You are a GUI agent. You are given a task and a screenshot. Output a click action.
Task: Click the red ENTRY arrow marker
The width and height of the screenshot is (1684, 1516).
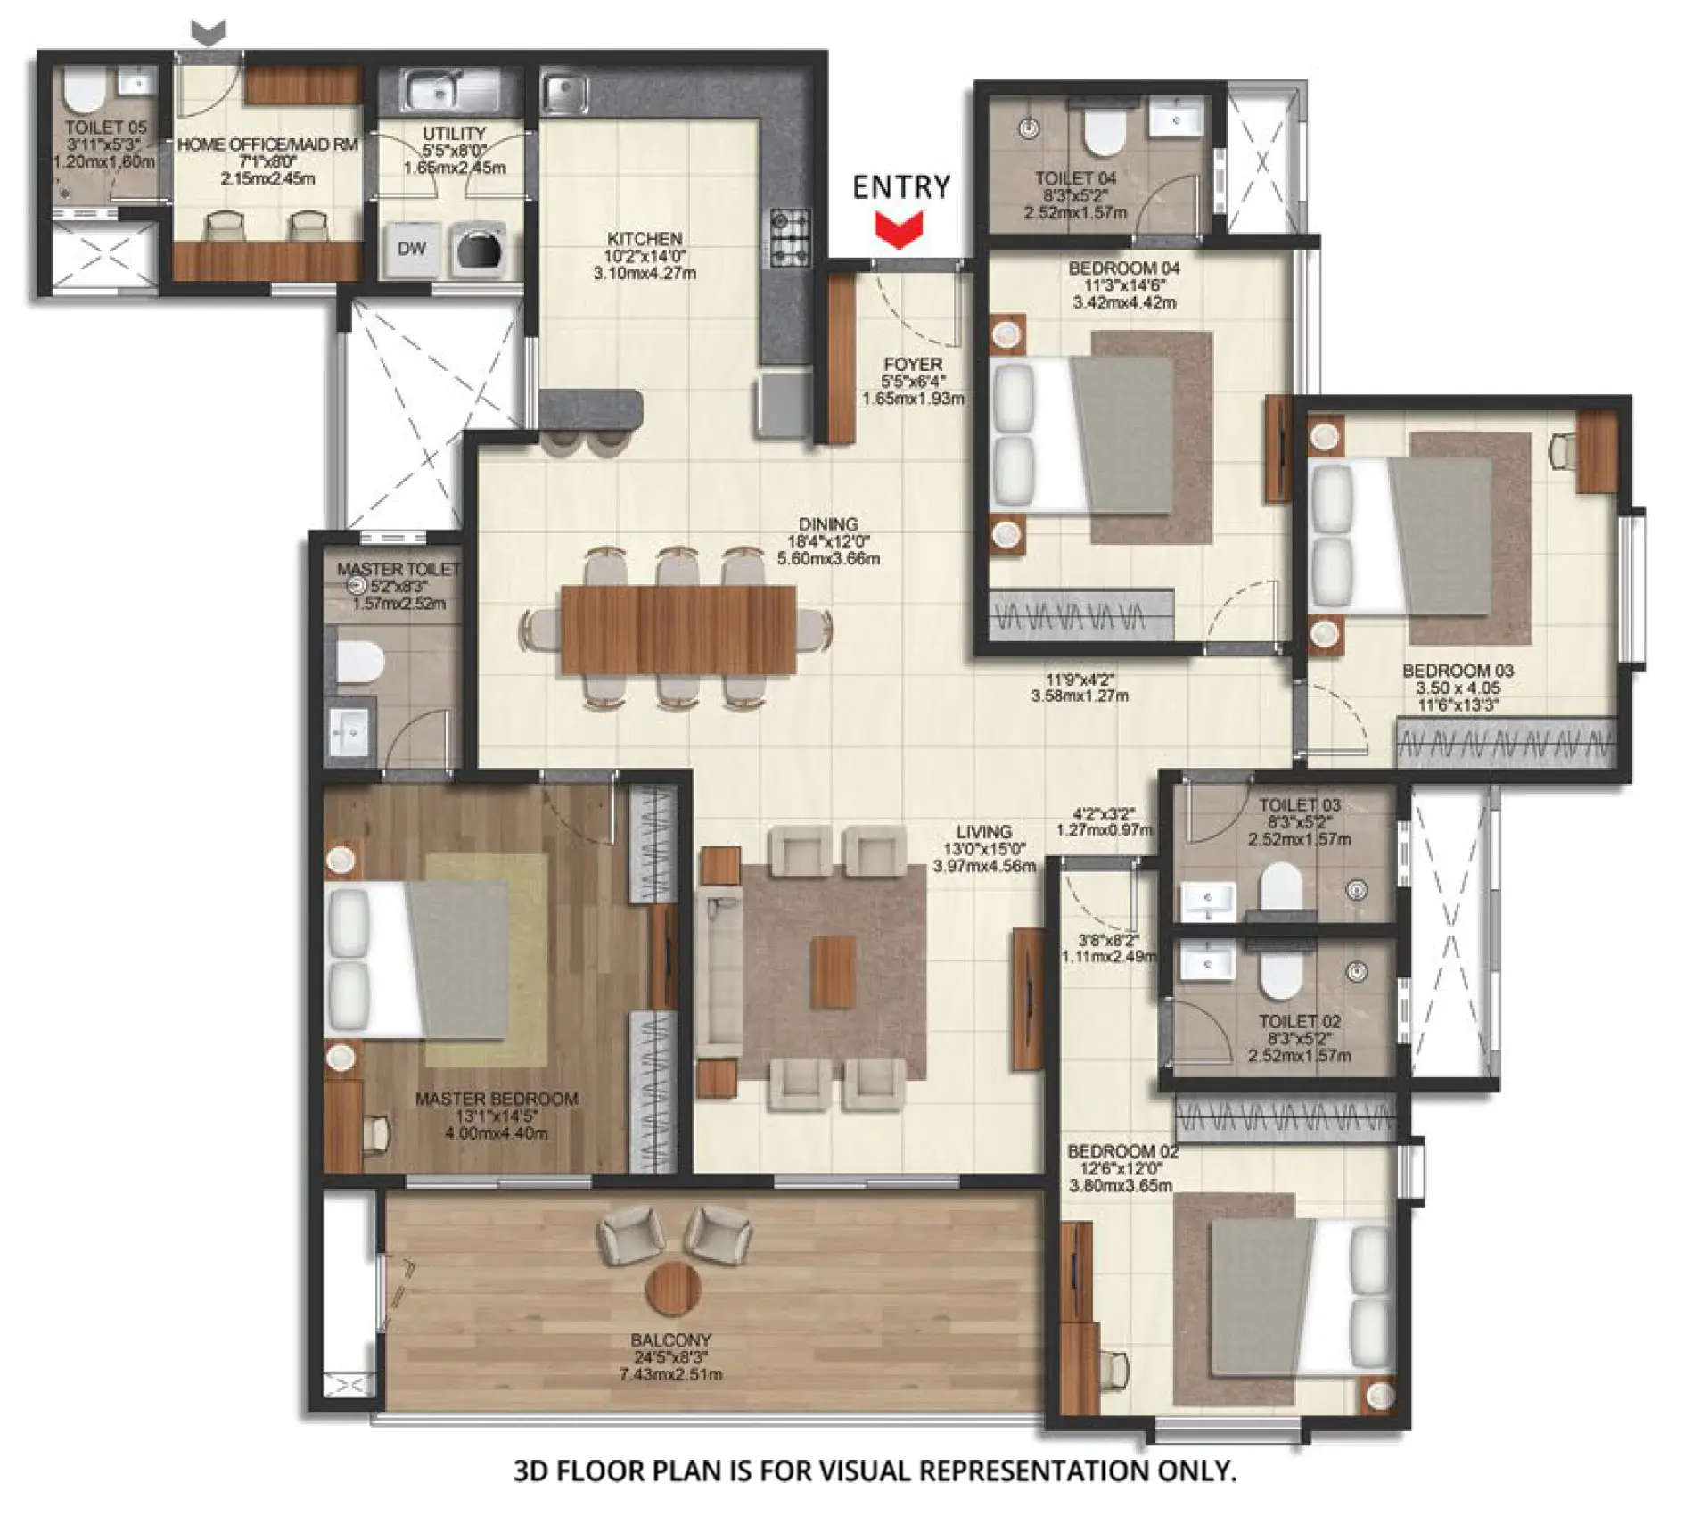[899, 229]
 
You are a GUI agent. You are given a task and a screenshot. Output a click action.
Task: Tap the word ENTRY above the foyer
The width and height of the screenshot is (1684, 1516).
[901, 187]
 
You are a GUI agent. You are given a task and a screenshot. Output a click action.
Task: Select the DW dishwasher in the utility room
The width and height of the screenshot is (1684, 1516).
[411, 249]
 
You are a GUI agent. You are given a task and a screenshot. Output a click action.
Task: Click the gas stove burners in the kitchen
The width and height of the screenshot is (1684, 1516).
[790, 238]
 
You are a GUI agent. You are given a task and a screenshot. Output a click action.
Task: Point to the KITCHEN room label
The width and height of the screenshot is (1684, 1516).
[645, 239]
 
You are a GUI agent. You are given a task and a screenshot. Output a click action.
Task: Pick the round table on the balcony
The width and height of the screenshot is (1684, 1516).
[672, 1288]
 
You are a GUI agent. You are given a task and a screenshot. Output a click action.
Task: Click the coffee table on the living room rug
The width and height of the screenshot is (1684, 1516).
[834, 972]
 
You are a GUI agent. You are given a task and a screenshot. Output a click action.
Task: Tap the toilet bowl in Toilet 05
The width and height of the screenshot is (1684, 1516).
[85, 89]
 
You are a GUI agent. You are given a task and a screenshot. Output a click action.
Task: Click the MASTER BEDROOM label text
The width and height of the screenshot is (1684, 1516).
[497, 1099]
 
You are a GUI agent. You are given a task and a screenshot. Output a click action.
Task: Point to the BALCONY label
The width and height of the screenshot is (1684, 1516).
[670, 1340]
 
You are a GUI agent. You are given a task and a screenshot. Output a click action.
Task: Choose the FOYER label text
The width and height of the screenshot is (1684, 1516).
[912, 364]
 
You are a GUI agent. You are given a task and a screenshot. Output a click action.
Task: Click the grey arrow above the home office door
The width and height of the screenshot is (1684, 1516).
[209, 33]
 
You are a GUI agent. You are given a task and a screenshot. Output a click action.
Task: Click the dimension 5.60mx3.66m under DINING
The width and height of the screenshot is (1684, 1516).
[828, 559]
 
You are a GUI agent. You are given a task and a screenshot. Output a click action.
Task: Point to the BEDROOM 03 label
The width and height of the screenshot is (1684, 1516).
[1458, 671]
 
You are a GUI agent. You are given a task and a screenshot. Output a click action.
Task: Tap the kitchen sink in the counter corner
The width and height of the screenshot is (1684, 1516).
[564, 91]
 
